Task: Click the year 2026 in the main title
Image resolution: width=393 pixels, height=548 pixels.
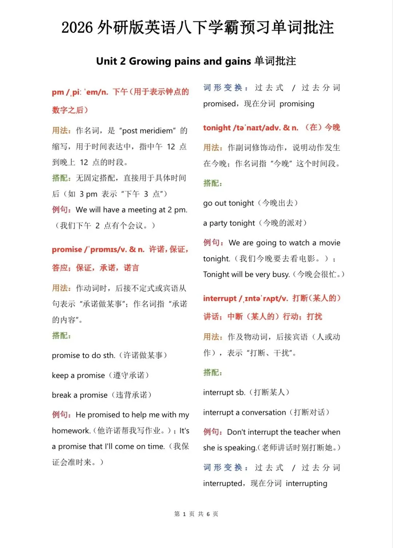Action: pos(77,28)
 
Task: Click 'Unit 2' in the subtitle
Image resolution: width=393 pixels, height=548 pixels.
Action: pos(111,61)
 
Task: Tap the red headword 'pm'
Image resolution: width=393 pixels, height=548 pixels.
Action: pos(58,92)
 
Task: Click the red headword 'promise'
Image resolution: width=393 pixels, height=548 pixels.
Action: pos(67,250)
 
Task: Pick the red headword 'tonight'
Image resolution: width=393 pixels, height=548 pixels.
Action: pos(217,128)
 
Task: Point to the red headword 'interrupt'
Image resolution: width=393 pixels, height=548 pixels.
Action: pos(220,298)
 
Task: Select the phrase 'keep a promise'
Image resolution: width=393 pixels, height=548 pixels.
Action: pos(78,375)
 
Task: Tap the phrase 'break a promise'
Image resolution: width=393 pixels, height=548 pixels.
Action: pos(80,395)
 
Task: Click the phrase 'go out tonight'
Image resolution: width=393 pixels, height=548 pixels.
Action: pos(229,203)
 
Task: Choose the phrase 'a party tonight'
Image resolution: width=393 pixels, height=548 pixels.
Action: pos(229,223)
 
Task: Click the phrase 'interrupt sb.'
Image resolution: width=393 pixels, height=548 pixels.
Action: pos(224,392)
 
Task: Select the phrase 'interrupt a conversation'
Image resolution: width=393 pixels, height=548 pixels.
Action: pos(245,412)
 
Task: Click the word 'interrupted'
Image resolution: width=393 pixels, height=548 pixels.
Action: pos(223,484)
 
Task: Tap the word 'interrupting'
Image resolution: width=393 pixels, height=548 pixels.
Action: pos(306,484)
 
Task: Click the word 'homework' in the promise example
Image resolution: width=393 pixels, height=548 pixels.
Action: pos(71,431)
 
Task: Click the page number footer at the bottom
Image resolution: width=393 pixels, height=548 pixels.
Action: pos(196,514)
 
